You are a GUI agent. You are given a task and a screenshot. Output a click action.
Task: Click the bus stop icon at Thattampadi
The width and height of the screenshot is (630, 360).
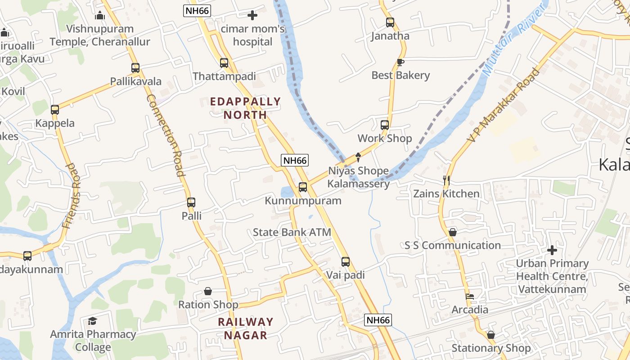(224, 63)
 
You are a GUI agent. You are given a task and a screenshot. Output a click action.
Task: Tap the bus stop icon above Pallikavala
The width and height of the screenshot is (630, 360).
(135, 68)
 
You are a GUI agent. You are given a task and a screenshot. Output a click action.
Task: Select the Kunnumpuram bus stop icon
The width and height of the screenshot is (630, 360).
(303, 187)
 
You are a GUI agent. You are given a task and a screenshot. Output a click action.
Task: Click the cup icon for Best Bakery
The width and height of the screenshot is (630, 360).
(400, 62)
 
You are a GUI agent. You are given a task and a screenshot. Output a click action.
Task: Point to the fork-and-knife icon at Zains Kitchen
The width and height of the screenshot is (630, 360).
(446, 180)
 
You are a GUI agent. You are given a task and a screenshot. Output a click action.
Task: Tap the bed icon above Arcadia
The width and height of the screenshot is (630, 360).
(470, 297)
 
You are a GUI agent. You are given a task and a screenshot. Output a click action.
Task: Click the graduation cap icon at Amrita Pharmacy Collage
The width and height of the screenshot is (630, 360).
(93, 321)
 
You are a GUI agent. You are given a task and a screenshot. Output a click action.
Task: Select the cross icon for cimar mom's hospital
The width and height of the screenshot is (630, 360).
(252, 15)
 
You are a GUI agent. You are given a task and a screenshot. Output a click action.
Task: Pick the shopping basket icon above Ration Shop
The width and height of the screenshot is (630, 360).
(208, 291)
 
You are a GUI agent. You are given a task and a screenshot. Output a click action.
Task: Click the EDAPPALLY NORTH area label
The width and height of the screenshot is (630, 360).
(246, 108)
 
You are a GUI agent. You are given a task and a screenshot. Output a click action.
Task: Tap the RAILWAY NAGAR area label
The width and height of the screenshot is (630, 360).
(246, 328)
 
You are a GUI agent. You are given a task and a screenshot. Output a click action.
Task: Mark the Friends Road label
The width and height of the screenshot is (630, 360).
(72, 195)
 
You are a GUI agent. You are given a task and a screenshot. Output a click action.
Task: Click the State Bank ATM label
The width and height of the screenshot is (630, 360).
(292, 233)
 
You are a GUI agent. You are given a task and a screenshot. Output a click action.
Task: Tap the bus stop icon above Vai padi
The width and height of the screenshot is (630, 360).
(345, 261)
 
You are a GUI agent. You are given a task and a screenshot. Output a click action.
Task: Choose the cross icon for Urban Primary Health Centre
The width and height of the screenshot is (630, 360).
(552, 250)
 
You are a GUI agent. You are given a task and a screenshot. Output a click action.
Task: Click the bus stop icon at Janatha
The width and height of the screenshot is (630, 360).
(390, 22)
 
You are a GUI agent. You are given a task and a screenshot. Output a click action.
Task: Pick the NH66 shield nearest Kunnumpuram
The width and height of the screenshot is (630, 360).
(295, 160)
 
